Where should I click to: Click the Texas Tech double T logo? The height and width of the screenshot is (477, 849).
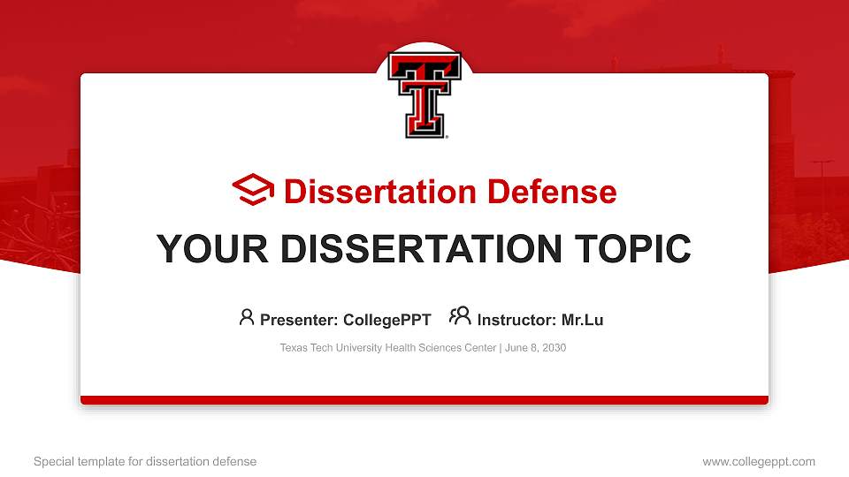424,95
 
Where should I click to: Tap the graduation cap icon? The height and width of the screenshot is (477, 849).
253,191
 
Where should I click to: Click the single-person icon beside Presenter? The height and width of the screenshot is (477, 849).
247,317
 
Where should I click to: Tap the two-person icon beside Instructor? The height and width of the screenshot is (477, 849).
460,316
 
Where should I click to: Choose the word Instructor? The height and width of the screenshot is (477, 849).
517,320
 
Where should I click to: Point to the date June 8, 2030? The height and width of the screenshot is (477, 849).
537,348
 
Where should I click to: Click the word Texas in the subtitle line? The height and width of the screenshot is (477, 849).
294,348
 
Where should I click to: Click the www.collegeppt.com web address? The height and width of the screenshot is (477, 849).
759,461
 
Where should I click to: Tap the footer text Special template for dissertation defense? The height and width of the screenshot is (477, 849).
145,461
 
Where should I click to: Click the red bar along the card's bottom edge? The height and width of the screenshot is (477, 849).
424,400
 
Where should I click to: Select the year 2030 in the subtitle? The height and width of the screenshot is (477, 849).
554,348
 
